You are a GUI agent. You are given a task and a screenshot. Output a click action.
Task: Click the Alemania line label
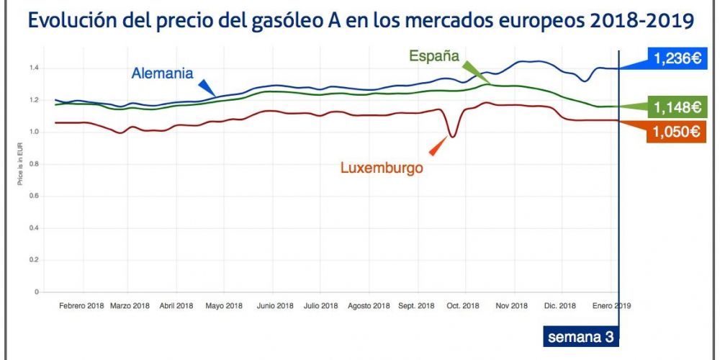pyautogui.click(x=162, y=73)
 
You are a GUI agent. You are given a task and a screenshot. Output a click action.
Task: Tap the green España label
pyautogui.click(x=434, y=56)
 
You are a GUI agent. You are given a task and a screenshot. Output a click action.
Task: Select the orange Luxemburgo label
pyautogui.click(x=381, y=168)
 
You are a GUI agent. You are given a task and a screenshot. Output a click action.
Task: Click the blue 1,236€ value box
pyautogui.click(x=677, y=59)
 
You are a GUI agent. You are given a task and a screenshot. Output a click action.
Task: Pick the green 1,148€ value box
pyautogui.click(x=677, y=108)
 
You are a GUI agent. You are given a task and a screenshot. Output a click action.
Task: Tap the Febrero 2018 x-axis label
pyautogui.click(x=81, y=306)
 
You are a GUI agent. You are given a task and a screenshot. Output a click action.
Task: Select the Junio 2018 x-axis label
pyautogui.click(x=274, y=306)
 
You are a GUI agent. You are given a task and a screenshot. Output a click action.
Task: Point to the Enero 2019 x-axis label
pyautogui.click(x=611, y=306)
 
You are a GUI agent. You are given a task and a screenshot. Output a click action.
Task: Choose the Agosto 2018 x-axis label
pyautogui.click(x=369, y=306)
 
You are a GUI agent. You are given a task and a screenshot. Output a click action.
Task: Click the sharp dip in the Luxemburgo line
pyautogui.click(x=451, y=135)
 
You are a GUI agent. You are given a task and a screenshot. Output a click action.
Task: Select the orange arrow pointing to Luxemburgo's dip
pyautogui.click(x=436, y=148)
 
